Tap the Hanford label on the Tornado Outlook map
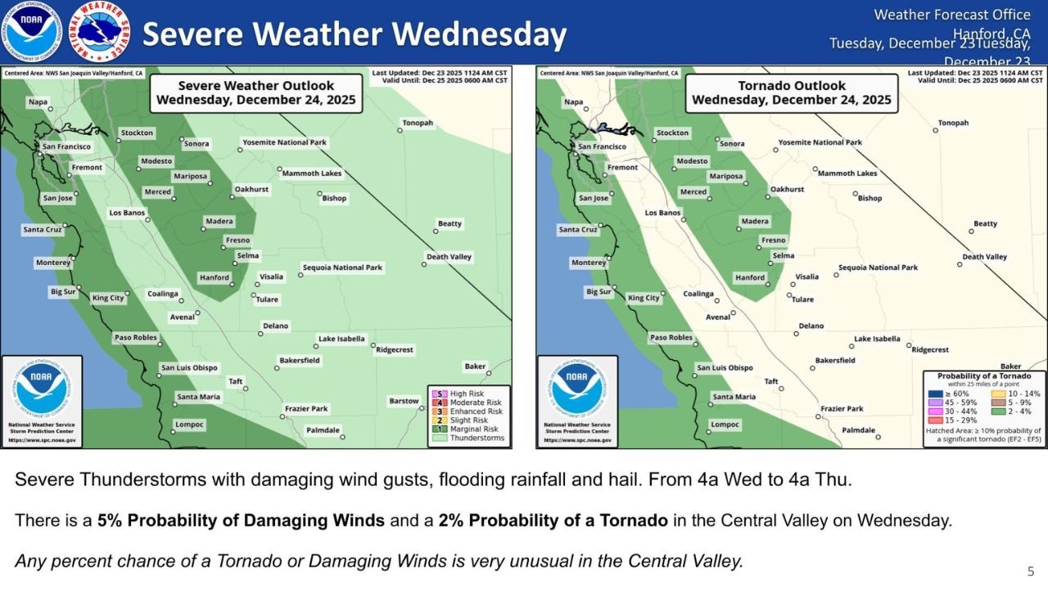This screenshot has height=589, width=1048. coord(750,277)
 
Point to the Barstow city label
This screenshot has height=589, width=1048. coord(404,401)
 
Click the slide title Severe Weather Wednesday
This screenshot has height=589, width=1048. coord(354,34)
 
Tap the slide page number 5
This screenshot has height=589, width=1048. coord(1031,571)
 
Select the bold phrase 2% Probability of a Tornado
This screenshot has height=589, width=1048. coord(553,520)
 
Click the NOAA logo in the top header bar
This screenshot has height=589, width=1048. coord(31,32)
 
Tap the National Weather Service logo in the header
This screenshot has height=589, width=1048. coord(100,32)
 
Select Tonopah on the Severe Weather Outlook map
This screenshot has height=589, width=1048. coord(417,124)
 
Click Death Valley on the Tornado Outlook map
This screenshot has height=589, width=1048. coord(984,257)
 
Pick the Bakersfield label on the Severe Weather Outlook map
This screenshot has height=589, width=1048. coord(300,361)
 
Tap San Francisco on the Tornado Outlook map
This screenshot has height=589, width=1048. coord(602,146)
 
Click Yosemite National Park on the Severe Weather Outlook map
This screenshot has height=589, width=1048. coord(284,142)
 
